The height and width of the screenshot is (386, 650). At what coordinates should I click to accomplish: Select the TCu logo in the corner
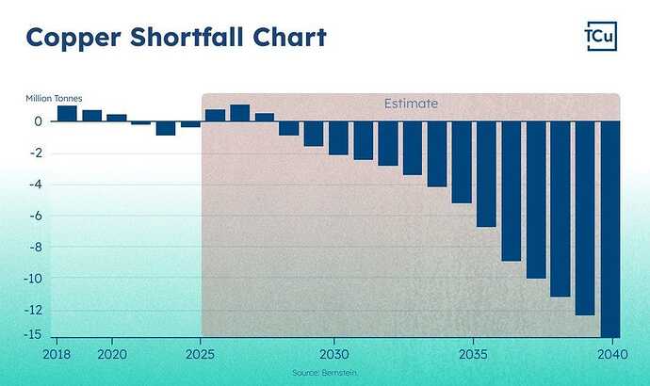pos(601,38)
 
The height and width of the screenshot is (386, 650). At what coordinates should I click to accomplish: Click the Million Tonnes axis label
pos(55,98)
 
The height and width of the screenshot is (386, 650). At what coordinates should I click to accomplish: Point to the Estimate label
pos(410,104)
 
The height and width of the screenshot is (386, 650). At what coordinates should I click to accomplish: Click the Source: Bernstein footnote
pos(325,374)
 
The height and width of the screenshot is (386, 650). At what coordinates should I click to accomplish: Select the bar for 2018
pos(67,114)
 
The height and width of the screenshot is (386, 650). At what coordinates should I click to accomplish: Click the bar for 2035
pos(486,174)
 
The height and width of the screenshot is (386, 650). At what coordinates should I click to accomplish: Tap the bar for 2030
pos(338,137)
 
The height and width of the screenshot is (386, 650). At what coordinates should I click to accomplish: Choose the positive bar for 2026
pos(240,113)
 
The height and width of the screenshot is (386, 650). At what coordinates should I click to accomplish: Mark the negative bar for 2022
pos(166,128)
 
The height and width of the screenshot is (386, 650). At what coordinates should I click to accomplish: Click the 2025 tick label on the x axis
pos(201,355)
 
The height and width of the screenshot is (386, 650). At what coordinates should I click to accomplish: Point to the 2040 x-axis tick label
pos(609,355)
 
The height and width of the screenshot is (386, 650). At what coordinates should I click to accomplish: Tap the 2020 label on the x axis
pos(112,355)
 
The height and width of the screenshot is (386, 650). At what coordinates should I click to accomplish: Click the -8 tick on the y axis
pos(38,247)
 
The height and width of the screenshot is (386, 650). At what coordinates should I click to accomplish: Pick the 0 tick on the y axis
pos(40,121)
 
